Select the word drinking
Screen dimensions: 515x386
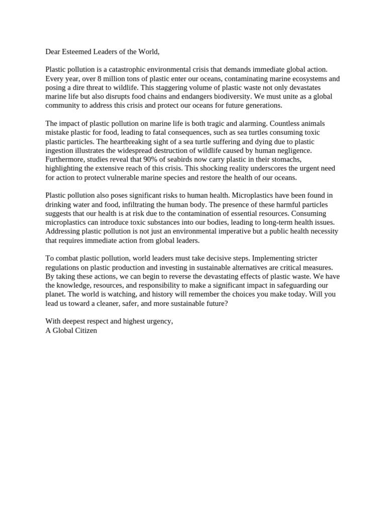[x=58, y=204]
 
